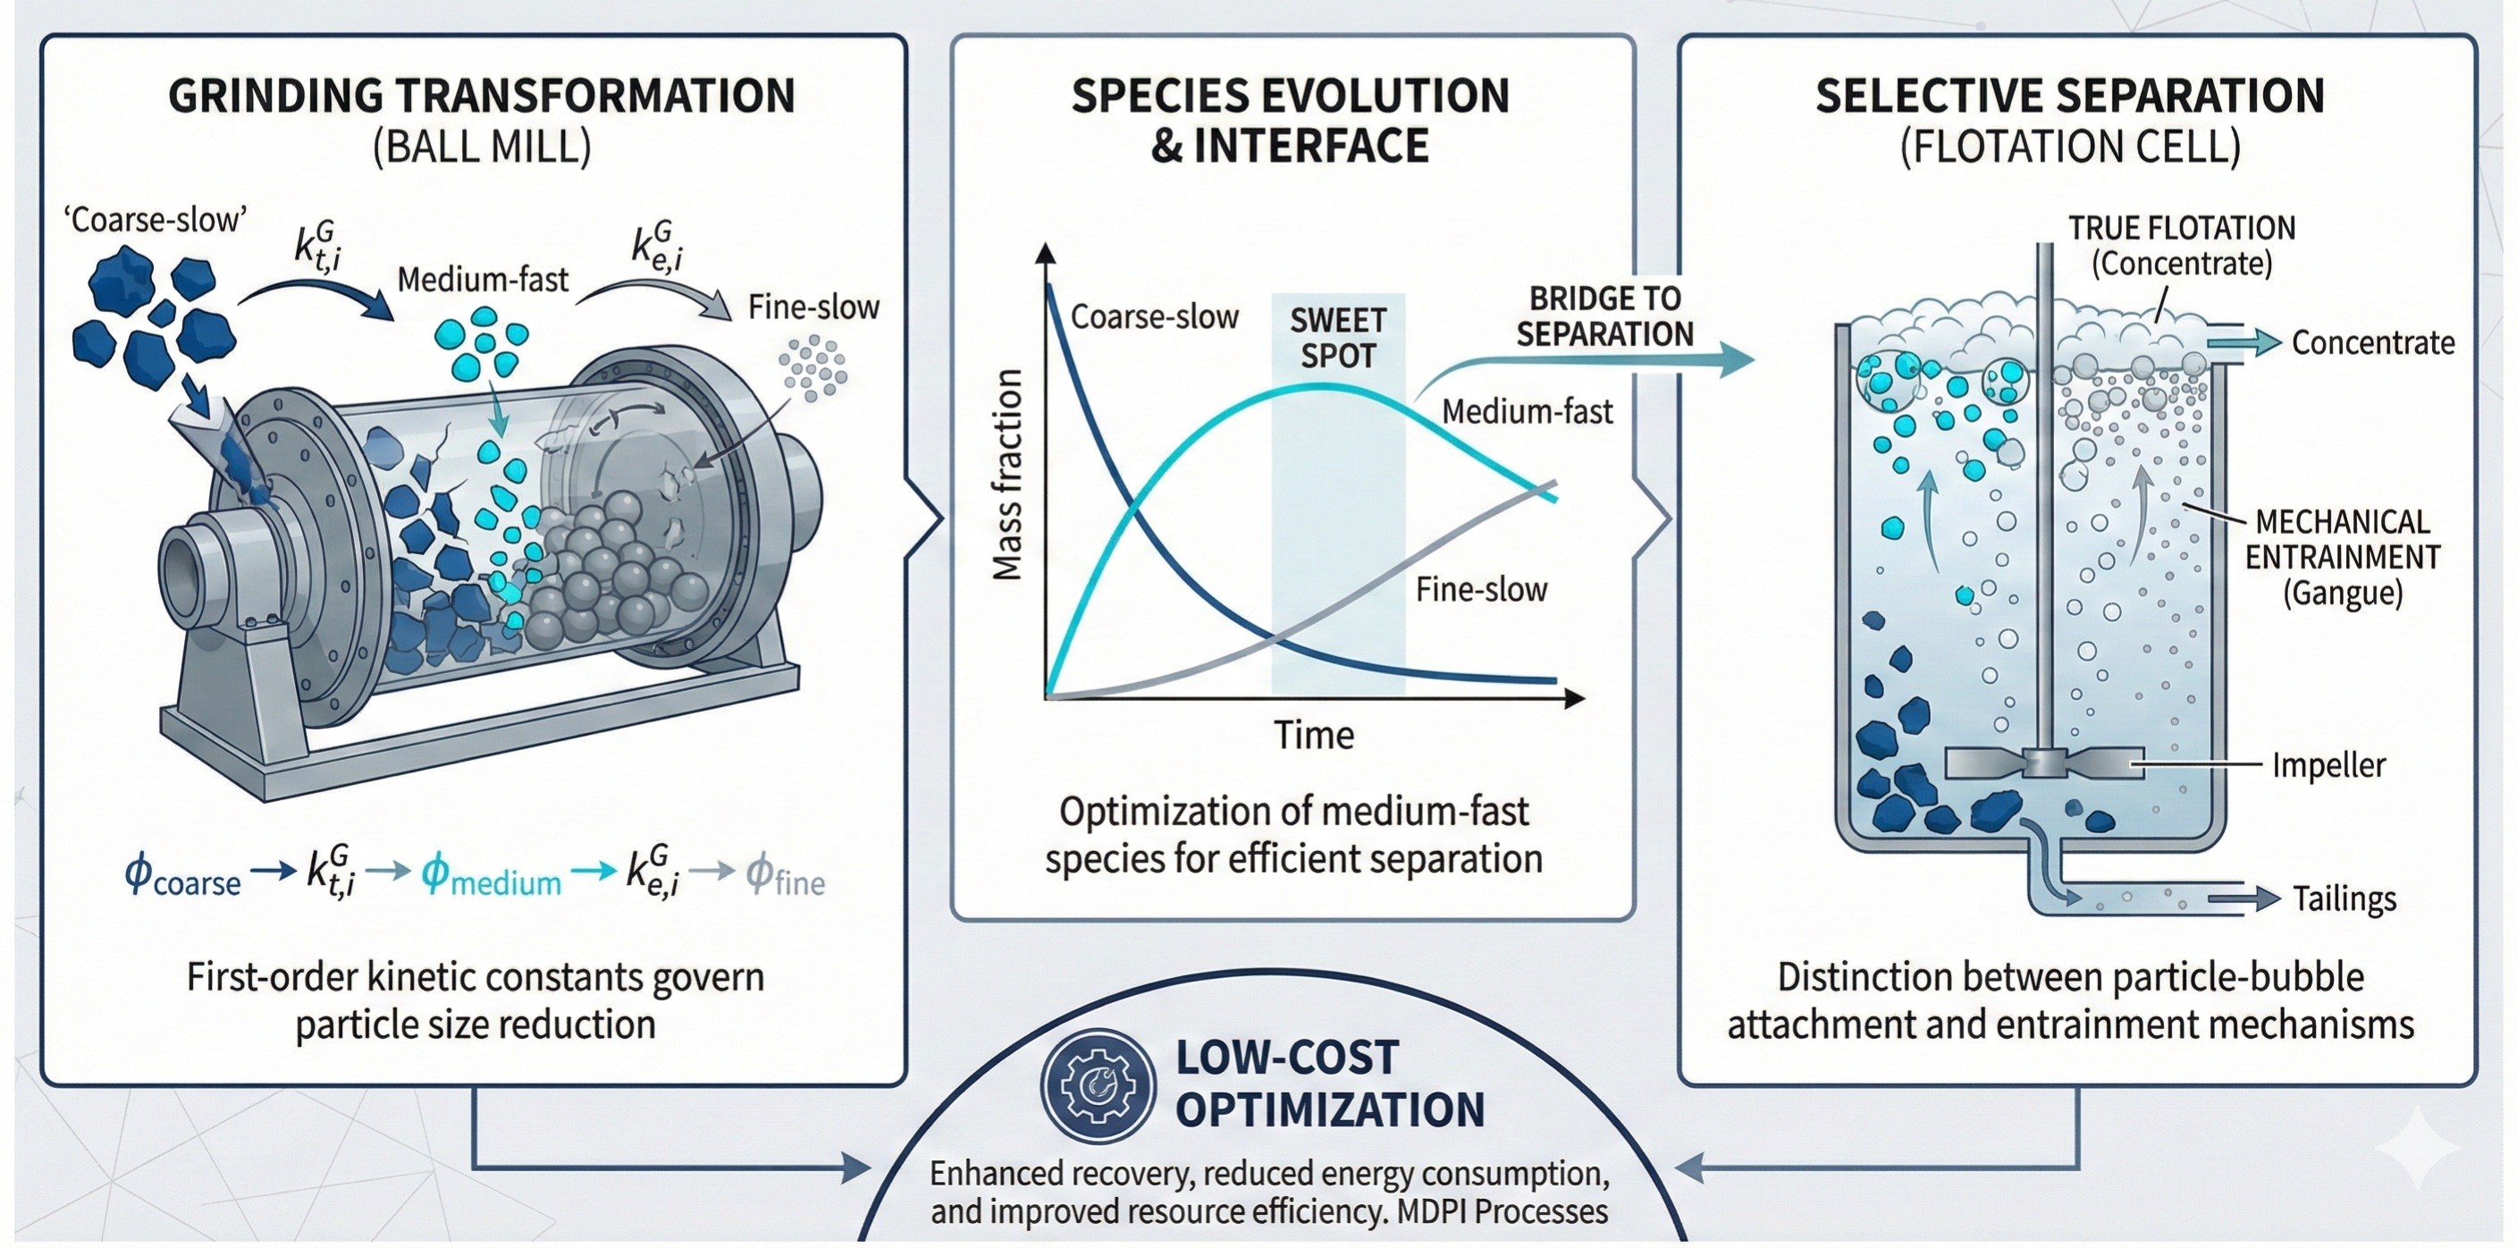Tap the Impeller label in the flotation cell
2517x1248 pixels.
click(x=2328, y=764)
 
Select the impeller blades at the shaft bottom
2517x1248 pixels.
click(x=2043, y=763)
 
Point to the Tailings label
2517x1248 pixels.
click(x=2344, y=898)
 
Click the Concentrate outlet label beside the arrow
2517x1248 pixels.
click(x=2372, y=342)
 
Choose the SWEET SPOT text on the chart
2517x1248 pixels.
click(x=1338, y=338)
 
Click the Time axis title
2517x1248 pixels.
click(x=1313, y=735)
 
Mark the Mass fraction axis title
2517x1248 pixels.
click(x=1007, y=475)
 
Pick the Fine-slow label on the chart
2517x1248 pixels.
click(x=1481, y=589)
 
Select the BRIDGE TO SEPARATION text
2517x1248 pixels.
click(x=1604, y=316)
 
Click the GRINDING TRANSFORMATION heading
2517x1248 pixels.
click(x=482, y=96)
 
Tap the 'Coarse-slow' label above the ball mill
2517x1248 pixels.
click(x=156, y=220)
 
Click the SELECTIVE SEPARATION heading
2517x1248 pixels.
click(x=2069, y=96)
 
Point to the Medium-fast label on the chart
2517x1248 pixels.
click(x=1528, y=411)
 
